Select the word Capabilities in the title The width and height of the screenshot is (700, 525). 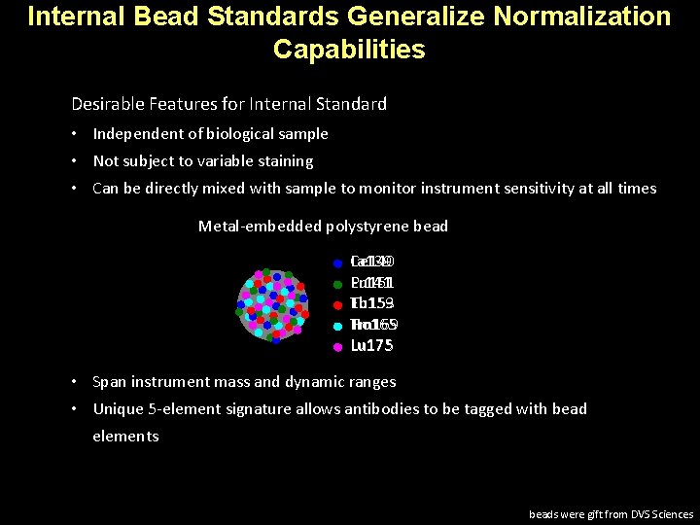pos(349,50)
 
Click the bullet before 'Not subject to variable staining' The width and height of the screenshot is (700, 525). pos(76,161)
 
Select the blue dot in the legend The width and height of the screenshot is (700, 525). pos(336,262)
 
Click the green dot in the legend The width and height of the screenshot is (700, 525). pos(336,284)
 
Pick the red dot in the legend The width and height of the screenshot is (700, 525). pos(336,304)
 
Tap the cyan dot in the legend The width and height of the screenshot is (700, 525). pos(336,326)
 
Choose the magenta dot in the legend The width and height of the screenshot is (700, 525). pos(336,346)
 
